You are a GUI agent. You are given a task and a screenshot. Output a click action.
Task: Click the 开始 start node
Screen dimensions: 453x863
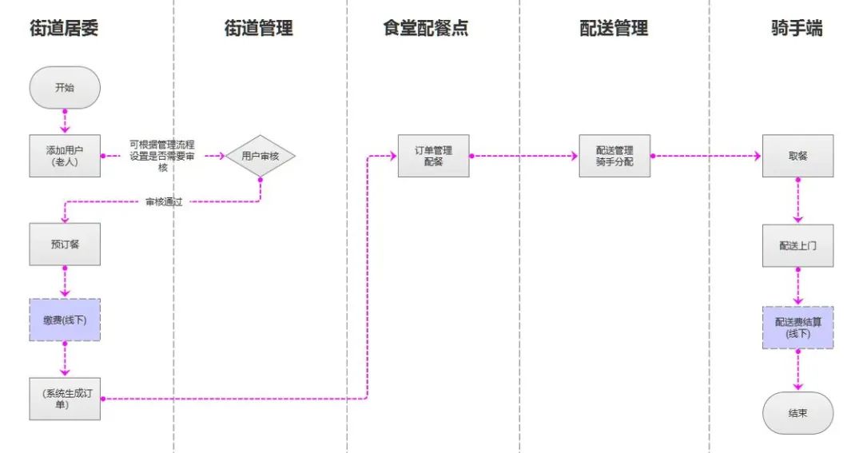(x=65, y=88)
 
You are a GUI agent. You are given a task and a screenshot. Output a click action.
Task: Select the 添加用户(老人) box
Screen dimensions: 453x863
(x=66, y=156)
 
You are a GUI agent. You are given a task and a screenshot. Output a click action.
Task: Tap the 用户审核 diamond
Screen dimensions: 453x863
(x=260, y=156)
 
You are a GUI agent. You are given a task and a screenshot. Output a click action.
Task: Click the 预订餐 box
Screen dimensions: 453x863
(x=66, y=244)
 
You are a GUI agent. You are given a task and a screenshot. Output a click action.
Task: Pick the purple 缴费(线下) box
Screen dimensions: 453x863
(x=66, y=321)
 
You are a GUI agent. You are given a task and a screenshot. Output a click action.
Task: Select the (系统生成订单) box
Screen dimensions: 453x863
(x=66, y=398)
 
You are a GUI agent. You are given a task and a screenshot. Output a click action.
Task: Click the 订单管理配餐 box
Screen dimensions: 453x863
(x=434, y=156)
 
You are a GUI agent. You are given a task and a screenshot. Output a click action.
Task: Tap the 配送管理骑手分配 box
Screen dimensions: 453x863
(x=614, y=156)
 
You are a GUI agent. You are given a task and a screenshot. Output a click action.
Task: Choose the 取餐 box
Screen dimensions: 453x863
(x=797, y=156)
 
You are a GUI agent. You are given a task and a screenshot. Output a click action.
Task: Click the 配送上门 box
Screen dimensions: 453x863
(x=797, y=244)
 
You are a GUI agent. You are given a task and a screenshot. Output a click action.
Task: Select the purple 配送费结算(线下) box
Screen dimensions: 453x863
(x=797, y=328)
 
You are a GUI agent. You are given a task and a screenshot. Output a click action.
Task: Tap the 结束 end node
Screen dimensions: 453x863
(x=797, y=413)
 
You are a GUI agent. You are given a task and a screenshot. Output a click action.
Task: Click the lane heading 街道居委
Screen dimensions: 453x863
(x=65, y=29)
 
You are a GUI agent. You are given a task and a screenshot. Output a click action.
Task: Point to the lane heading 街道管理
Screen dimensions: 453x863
(x=259, y=29)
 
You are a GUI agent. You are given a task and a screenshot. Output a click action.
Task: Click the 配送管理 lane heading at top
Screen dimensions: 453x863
(x=614, y=29)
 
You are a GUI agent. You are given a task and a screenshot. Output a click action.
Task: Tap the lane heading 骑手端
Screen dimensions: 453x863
(x=797, y=29)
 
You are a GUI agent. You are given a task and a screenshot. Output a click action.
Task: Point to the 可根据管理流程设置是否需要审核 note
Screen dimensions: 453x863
(x=162, y=156)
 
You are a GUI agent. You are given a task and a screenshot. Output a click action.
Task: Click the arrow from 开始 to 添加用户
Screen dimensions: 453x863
(x=65, y=121)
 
